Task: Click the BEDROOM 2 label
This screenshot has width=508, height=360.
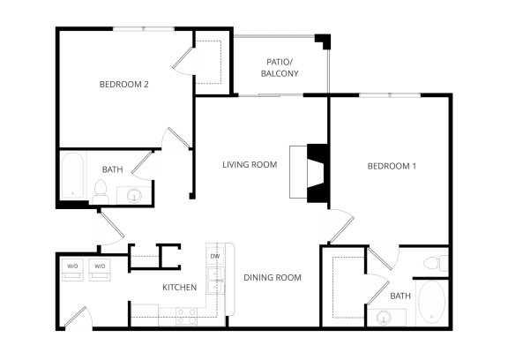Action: coord(123,85)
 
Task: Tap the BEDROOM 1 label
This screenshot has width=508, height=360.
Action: coord(391,166)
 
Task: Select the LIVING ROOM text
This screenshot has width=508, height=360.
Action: coord(250,164)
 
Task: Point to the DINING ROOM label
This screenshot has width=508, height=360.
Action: coord(273,277)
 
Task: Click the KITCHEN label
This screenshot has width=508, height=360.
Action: coord(179,288)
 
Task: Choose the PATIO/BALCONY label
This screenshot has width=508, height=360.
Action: coord(280,68)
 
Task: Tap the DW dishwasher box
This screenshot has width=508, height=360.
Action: coord(214,256)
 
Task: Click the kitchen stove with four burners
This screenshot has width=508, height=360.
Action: coord(186,311)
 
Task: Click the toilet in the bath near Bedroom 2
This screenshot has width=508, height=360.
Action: coord(101,189)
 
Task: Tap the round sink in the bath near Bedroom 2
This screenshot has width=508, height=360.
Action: coord(135,195)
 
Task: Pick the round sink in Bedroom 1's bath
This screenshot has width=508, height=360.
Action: coord(384,316)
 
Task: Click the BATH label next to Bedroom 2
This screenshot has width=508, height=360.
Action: coord(112,169)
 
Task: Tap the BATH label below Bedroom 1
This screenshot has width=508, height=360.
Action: coord(400,296)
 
